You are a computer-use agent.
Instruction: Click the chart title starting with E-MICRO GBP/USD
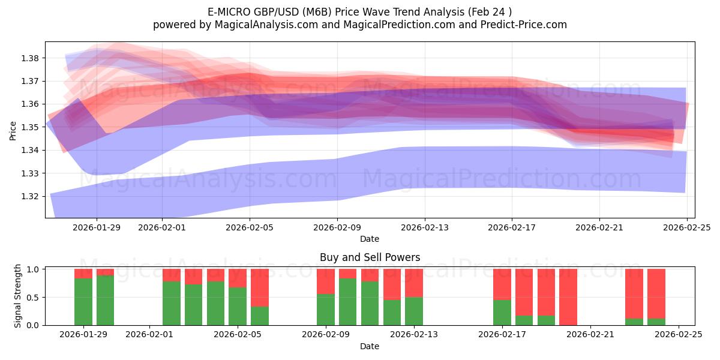coord(360,12)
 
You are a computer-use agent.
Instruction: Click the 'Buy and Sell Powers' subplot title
coord(370,257)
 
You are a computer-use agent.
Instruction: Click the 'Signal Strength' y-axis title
coord(18,296)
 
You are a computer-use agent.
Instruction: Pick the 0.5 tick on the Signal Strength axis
coord(33,297)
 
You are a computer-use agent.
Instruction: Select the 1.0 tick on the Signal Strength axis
coord(33,269)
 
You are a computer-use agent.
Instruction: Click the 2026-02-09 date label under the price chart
coord(337,227)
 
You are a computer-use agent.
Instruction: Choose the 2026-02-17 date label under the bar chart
coord(502,335)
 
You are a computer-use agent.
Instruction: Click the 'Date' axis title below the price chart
coord(370,239)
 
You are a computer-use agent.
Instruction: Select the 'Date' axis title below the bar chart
coord(370,346)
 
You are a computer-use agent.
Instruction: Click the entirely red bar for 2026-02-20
coord(568,297)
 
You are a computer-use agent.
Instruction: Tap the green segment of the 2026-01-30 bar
coord(105,300)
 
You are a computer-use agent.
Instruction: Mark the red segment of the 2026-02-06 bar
coord(260,287)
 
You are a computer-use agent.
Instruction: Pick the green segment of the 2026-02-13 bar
coord(414,311)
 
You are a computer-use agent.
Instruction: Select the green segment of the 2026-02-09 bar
coord(326,310)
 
